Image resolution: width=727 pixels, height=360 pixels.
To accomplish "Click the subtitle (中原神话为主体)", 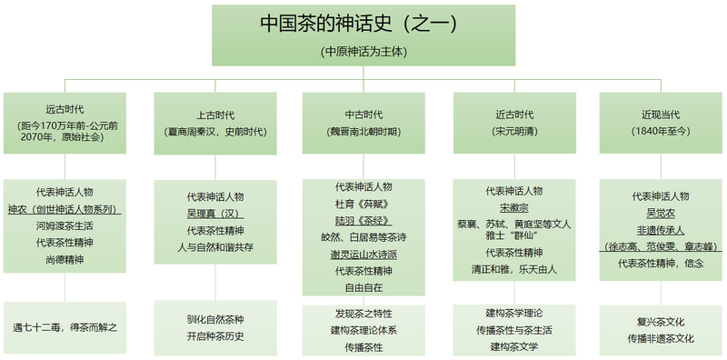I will [x=363, y=52].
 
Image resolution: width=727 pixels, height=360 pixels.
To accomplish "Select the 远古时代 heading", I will [x=65, y=108].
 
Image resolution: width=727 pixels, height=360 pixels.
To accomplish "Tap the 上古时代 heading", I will [x=215, y=115].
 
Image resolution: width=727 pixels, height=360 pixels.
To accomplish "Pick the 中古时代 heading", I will [x=363, y=115].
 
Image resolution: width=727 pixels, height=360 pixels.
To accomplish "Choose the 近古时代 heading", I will [x=514, y=115].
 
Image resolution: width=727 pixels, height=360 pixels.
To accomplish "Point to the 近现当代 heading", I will [x=660, y=115].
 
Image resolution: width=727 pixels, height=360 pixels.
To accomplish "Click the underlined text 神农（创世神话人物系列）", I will [x=65, y=209].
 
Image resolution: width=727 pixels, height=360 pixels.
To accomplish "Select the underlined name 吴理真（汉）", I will [x=215, y=213].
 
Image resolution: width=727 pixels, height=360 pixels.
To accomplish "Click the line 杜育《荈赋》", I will [x=363, y=204].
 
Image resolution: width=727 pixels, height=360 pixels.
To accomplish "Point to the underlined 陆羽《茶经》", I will [x=363, y=220].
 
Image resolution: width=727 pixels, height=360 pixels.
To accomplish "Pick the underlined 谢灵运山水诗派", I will [x=363, y=254].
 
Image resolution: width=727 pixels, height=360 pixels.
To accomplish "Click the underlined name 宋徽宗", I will [x=514, y=207].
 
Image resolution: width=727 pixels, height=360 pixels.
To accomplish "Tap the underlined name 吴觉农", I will [x=660, y=213].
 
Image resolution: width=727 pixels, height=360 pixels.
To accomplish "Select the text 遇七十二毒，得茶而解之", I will [x=65, y=326].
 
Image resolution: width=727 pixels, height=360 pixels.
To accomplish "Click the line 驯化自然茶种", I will [x=215, y=321].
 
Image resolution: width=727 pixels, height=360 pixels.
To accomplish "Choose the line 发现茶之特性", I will [x=363, y=314].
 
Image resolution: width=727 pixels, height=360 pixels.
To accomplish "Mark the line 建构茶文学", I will [x=514, y=346].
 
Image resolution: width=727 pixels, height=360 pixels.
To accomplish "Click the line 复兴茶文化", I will [x=660, y=321].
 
